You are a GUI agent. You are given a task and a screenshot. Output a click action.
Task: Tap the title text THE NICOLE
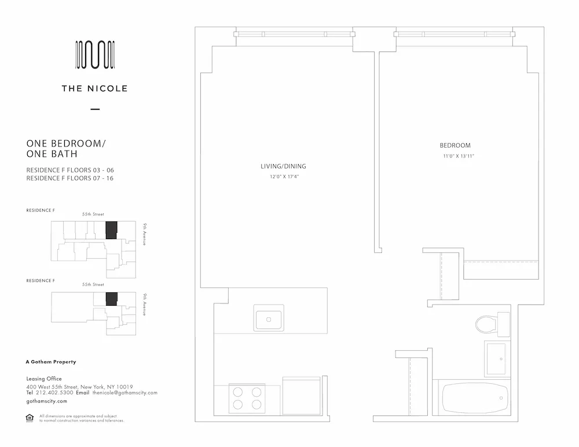95,89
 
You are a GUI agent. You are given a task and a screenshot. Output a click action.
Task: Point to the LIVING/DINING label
283,166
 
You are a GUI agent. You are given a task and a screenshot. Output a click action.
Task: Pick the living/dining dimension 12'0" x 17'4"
283,177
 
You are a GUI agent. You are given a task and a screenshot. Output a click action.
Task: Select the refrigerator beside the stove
301,396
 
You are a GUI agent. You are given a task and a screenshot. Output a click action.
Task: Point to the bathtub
475,398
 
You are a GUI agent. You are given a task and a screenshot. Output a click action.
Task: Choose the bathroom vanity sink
496,358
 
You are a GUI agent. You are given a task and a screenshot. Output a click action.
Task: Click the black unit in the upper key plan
111,230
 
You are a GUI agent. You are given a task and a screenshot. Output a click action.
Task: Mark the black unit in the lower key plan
112,299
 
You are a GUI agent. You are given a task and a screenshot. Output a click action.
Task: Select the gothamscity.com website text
47,401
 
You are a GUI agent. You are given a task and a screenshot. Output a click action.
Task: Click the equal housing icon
30,418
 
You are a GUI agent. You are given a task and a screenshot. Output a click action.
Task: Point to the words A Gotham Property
51,362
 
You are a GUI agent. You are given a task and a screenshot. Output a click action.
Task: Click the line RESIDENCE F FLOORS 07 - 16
69,178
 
